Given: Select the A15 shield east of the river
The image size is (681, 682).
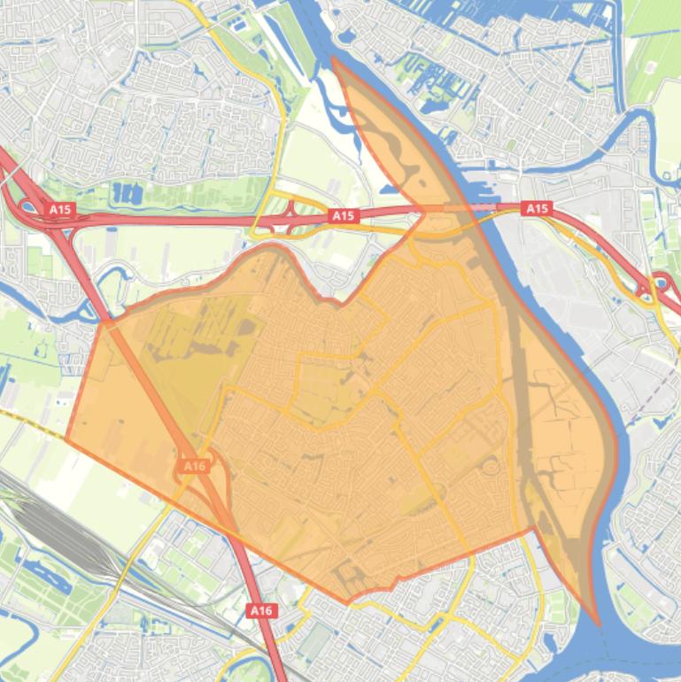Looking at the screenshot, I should tap(537, 208).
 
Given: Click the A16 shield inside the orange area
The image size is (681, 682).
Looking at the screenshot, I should tap(195, 465).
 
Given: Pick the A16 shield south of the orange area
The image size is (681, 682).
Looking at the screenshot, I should tap(260, 610).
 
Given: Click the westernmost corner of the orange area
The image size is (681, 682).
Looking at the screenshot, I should tap(66, 438).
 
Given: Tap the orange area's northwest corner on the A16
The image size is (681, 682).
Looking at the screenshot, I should tap(104, 322).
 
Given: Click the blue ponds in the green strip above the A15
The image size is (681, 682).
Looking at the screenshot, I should tap(128, 193).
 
